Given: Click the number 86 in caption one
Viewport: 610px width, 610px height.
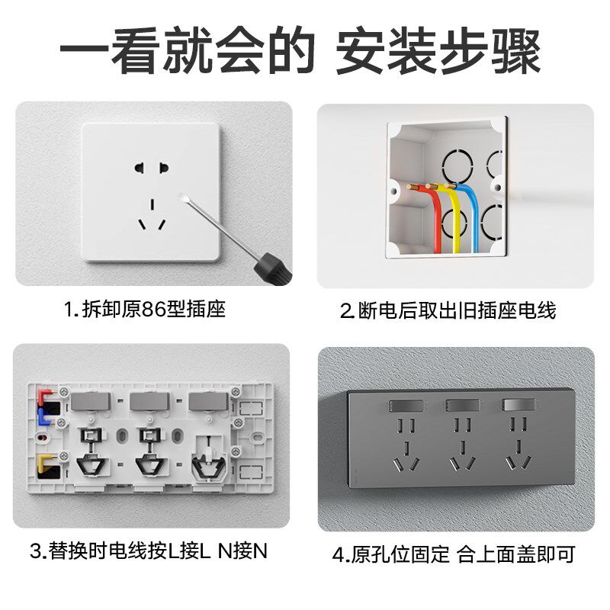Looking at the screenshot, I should click(x=153, y=310).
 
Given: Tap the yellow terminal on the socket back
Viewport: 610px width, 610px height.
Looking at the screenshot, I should click(x=47, y=462).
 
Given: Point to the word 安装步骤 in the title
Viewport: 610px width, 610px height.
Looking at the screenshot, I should click(x=438, y=51).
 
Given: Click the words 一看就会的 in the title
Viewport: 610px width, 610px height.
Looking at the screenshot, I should click(x=187, y=51).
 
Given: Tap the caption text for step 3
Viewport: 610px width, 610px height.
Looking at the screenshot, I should click(x=149, y=551).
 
